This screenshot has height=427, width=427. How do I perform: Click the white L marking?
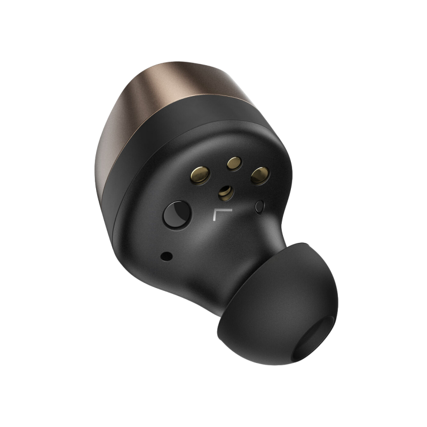click(218, 216)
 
